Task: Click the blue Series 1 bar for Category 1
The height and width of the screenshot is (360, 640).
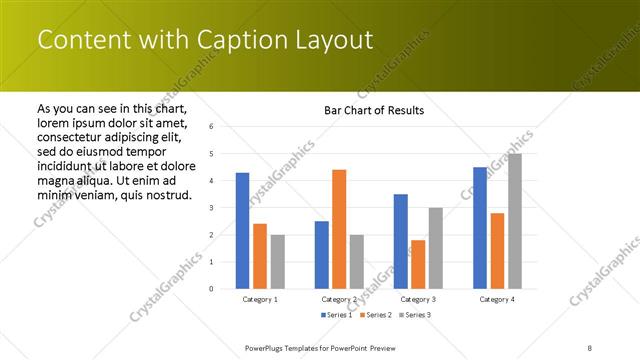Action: pos(242,230)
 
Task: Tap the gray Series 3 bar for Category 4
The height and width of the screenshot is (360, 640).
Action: pos(514,221)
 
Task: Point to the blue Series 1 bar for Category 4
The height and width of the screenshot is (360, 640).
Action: pos(480,227)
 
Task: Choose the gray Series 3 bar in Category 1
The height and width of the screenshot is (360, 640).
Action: pos(277,261)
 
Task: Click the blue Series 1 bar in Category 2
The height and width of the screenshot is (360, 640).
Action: pos(322,254)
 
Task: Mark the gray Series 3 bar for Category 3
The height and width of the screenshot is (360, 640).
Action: pos(435,248)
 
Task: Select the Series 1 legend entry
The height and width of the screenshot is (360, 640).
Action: pos(335,315)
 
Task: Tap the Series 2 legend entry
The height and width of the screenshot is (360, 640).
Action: pos(374,315)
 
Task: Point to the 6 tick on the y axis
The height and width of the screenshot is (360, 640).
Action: pos(212,127)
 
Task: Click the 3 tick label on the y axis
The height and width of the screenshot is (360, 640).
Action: pos(212,208)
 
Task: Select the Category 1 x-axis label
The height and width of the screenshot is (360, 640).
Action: pos(260,299)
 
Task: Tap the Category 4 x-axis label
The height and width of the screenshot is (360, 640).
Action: pos(497,299)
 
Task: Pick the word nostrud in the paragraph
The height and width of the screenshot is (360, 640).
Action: pos(165,194)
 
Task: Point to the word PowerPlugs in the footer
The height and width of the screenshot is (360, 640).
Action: pos(267,347)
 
